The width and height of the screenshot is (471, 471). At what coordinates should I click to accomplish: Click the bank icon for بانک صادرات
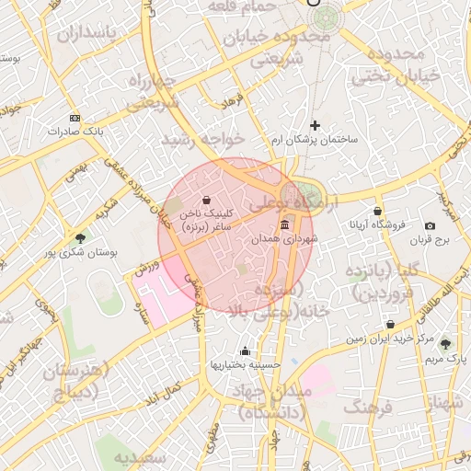coord(75,119)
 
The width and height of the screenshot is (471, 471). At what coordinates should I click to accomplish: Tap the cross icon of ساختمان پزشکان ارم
coord(315,125)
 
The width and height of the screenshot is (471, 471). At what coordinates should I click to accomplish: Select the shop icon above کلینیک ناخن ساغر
coord(205,199)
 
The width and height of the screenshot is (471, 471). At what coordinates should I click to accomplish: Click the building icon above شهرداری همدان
coord(284,225)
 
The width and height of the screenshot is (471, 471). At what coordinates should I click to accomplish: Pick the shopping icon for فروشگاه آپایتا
coord(377,211)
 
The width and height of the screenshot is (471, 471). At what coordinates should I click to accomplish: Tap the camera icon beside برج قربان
coord(430,226)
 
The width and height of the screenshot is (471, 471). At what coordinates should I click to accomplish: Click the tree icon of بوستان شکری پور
coord(80,238)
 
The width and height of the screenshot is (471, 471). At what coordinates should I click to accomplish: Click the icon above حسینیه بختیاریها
coord(245,350)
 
